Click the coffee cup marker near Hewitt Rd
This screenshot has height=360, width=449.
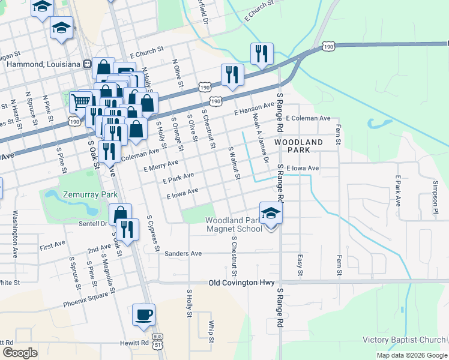tap(144, 315)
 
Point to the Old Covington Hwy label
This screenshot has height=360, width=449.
tap(241, 282)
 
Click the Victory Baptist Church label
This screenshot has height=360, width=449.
tap(404, 340)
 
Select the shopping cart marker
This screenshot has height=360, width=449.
tap(80, 101)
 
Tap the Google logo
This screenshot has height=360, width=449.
tap(20, 352)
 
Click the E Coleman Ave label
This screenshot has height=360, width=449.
tap(309, 118)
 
